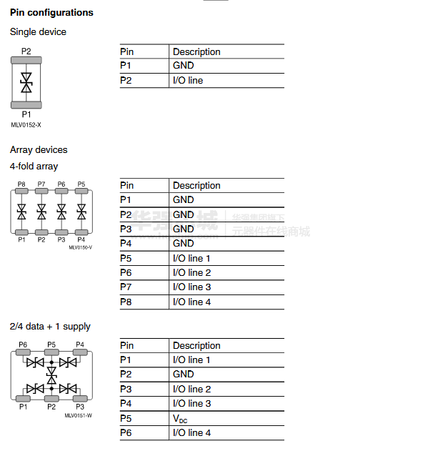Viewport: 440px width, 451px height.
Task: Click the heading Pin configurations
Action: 51,12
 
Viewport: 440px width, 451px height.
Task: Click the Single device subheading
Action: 38,31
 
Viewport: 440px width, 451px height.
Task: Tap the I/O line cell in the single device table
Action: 188,80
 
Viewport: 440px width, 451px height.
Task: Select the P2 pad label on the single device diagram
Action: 26,51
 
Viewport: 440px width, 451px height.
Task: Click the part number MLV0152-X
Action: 26,125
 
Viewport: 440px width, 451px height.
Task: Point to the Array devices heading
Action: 39,149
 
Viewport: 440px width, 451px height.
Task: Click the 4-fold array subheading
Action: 34,166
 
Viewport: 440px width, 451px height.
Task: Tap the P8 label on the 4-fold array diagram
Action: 21,184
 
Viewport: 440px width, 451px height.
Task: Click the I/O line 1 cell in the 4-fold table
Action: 191,258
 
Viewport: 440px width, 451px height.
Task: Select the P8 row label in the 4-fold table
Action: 126,302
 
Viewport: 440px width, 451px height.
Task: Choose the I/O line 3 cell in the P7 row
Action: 191,287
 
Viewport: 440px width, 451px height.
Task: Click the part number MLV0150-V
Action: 80,247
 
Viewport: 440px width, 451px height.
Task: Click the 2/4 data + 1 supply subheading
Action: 50,326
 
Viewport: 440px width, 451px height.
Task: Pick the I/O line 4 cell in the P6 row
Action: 191,432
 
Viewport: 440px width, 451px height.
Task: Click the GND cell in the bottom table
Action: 183,374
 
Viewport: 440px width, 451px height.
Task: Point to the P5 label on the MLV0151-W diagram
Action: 51,345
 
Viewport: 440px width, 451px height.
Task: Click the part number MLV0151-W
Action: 78,415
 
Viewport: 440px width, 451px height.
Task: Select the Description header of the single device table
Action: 196,51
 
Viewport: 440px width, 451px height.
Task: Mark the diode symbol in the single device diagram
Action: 26,81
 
